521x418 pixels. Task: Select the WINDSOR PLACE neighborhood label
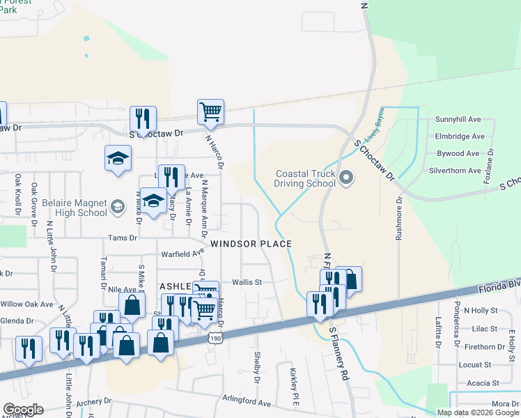coord(251,244)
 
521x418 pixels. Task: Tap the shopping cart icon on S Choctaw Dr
coord(210,111)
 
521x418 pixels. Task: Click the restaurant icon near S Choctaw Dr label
coord(143,118)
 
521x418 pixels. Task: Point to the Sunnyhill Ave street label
coord(459,120)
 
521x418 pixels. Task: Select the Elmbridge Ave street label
coord(460,137)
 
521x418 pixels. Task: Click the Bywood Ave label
coord(458,153)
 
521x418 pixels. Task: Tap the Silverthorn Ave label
coord(456,171)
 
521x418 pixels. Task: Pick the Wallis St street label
coord(247,282)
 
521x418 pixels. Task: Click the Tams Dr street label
coord(123,238)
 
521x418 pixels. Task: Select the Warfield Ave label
coord(182,254)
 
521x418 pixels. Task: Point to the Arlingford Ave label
coord(247,403)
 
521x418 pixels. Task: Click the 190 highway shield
coord(215,337)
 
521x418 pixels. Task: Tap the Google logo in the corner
coord(22,410)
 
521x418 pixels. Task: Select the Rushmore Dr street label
coord(399,219)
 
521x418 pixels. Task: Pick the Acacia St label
coord(483,383)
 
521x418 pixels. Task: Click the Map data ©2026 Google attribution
coord(479,412)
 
